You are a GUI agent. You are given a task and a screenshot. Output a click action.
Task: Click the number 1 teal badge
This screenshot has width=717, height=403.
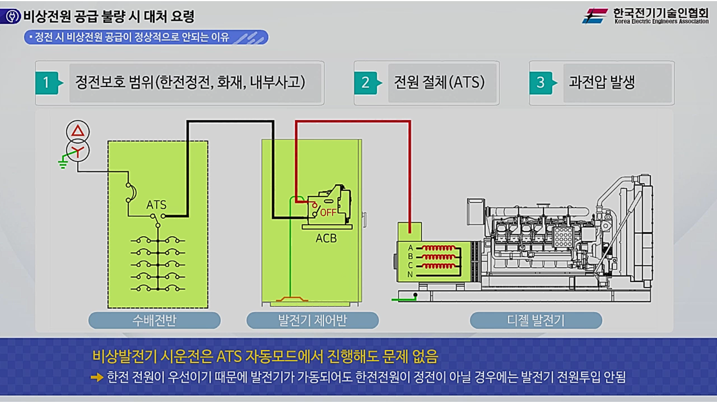click(46, 83)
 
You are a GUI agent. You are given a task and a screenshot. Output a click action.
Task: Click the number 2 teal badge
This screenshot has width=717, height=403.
click(365, 83)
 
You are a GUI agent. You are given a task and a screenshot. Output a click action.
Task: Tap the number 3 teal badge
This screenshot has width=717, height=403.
click(541, 83)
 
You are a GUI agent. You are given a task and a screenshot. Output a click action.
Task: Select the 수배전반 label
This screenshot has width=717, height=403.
click(155, 321)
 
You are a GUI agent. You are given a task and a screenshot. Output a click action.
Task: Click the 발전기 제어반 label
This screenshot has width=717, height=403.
click(313, 321)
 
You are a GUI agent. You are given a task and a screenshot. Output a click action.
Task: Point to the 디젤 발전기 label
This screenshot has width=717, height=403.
click(536, 321)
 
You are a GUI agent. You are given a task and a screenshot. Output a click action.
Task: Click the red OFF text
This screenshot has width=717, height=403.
click(328, 213)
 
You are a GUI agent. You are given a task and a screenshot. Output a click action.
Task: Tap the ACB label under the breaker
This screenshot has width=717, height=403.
click(326, 238)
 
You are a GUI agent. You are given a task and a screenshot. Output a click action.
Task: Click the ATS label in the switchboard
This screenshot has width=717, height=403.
click(156, 205)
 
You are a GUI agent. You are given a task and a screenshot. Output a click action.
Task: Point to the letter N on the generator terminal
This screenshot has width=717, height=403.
click(410, 274)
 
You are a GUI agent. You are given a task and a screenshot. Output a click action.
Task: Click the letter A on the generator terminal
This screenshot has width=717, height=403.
click(410, 248)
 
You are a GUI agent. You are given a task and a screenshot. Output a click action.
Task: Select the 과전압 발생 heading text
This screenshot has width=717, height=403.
click(602, 83)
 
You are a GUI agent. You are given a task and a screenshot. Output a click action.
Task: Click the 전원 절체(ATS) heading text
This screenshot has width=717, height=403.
click(439, 83)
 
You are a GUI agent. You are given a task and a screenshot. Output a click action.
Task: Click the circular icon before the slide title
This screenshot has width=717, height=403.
click(10, 16)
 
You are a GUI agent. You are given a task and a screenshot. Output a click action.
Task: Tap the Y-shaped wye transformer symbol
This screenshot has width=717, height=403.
click(78, 149)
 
